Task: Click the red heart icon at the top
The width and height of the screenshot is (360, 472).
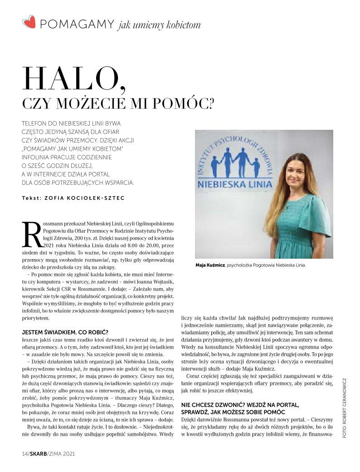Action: point(29,22)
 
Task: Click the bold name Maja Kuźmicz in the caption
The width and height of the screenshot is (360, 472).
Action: point(209,265)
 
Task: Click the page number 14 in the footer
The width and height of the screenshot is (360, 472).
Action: point(25,454)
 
